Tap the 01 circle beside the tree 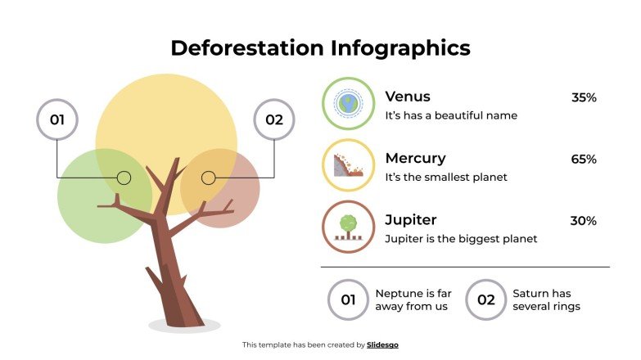point(57,120)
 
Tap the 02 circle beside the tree point(273,120)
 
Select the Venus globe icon point(348,104)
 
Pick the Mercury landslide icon point(348,165)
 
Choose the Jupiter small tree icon point(348,227)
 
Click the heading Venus point(408,97)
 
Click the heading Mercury point(415,158)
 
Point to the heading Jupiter point(411,220)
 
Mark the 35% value point(584,97)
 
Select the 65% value point(584,160)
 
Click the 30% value point(583,221)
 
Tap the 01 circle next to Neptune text point(348,299)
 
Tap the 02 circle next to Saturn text point(485,299)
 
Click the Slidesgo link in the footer point(382,345)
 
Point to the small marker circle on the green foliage point(124,178)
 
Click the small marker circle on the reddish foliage point(208,178)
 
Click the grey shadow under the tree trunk point(184,326)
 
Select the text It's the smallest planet point(446,177)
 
